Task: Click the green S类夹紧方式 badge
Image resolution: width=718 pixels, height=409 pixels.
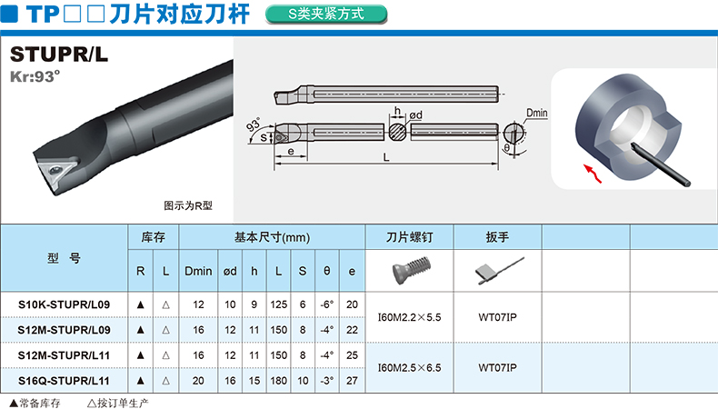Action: point(326,15)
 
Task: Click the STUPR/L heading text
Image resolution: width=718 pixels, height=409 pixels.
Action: point(59,55)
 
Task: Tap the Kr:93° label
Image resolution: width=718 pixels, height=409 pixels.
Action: point(35,76)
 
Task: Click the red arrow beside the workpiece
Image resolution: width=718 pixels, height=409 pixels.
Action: point(593,174)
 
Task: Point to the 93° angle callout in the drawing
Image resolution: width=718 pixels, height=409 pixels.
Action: point(254,125)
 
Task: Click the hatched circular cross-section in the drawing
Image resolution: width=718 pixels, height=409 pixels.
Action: point(397,132)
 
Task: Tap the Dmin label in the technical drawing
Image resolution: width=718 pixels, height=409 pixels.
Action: point(536,113)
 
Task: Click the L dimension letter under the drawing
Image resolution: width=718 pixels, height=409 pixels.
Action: point(386,157)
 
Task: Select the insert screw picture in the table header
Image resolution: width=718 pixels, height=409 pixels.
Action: point(411,270)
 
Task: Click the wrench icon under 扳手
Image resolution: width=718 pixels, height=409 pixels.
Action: point(499,271)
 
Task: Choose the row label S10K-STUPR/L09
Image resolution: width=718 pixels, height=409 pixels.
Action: point(64,304)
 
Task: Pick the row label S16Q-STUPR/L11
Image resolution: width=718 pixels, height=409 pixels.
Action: point(64,381)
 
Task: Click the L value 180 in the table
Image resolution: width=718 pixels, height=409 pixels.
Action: point(278,381)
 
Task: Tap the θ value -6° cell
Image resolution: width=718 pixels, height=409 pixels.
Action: point(327,304)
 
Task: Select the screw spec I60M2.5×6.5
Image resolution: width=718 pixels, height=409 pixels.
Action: point(409,368)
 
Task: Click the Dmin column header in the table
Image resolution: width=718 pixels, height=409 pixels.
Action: point(198,271)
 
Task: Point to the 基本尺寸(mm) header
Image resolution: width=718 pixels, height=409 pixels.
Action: point(272,237)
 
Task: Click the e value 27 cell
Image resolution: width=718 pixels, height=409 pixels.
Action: point(352,381)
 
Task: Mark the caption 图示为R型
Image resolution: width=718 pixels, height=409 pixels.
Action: point(188,205)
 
